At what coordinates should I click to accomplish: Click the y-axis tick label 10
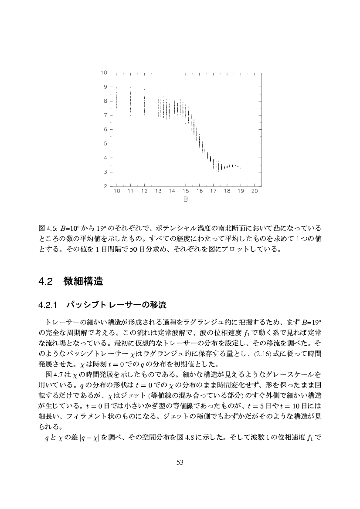[x=105, y=73]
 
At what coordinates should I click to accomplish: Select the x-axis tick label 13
[x=158, y=191]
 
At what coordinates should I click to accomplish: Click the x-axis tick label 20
[x=255, y=191]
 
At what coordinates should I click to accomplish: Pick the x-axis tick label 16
[x=200, y=191]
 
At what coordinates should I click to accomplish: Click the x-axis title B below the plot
[x=186, y=200]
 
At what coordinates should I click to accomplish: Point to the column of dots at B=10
[x=117, y=99]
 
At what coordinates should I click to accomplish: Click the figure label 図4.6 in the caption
[x=46, y=228]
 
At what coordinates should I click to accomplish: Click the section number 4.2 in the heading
[x=45, y=282]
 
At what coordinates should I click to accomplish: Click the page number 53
[x=180, y=462]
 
